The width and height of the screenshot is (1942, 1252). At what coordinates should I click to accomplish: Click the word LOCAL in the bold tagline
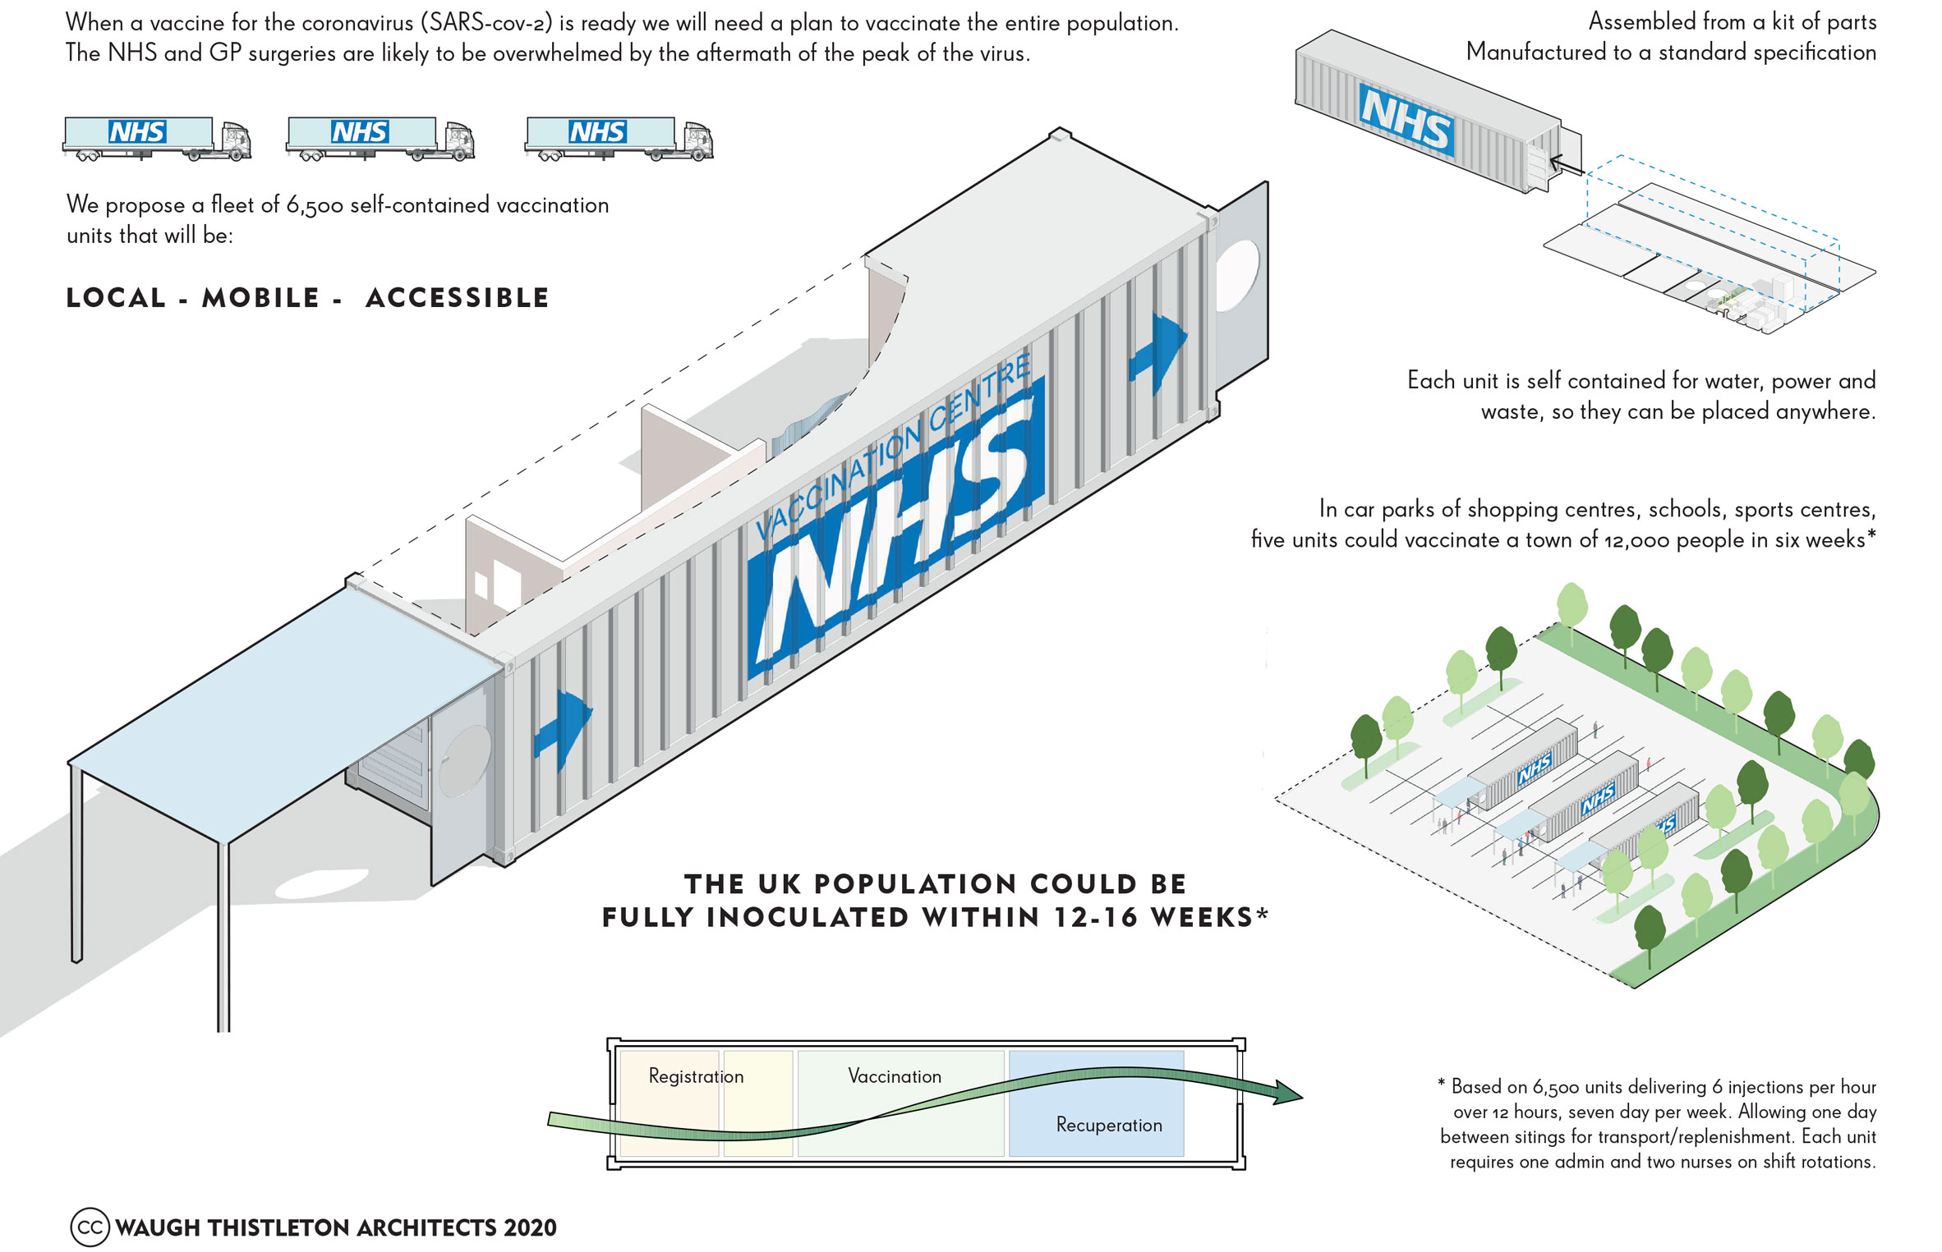coord(116,297)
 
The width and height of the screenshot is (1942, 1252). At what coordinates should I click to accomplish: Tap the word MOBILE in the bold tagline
coord(261,297)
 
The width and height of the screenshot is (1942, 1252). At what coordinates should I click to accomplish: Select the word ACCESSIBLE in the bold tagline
coord(458,297)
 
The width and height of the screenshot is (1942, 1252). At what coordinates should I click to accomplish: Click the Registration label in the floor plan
coord(696,1076)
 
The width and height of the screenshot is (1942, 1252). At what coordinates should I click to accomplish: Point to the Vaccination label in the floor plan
coord(895,1076)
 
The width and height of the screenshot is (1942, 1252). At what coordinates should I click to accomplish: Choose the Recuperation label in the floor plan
coord(1109,1125)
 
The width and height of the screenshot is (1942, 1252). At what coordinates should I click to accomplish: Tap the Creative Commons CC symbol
coord(90,1227)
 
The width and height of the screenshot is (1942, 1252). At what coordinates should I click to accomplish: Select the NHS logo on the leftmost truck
coord(137,131)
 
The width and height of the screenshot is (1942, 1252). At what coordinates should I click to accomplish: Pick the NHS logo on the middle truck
coord(360,131)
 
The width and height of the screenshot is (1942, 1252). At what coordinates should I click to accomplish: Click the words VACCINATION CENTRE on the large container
coord(891,447)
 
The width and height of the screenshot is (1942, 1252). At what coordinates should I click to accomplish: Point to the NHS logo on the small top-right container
coord(1406,120)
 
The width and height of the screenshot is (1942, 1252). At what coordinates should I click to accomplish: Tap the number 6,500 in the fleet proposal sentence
coord(315,205)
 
